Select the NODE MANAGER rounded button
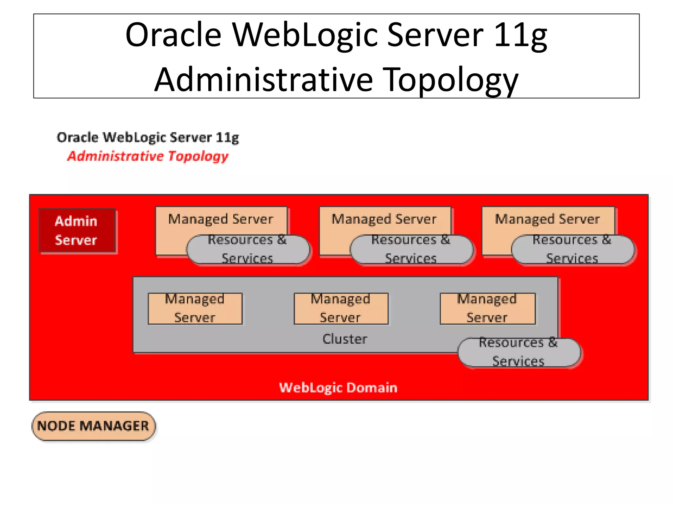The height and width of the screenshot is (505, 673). coord(93,426)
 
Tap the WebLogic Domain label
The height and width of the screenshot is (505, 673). coord(338,388)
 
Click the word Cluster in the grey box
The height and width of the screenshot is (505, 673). coord(345,339)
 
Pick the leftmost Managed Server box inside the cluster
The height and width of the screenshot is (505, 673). coord(195,308)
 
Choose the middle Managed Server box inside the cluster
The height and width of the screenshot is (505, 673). coord(341,308)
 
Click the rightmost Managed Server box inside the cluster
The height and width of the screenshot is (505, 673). coord(487,308)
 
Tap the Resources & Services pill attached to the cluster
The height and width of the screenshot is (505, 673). coord(519,352)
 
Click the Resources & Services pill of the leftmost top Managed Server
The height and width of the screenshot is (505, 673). coord(248,249)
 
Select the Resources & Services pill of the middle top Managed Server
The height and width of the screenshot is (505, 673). coord(411,249)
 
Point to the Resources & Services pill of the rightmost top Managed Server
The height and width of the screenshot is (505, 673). coord(572,249)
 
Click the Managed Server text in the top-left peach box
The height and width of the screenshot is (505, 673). coord(220,219)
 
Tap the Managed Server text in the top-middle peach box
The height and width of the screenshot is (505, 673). coord(384,219)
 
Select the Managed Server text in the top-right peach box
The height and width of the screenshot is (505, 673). coord(547,219)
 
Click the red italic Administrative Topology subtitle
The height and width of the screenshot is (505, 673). coord(148,156)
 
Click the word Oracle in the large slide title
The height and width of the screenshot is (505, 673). coord(174,35)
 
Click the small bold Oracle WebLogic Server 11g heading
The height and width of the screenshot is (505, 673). coord(148,137)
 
